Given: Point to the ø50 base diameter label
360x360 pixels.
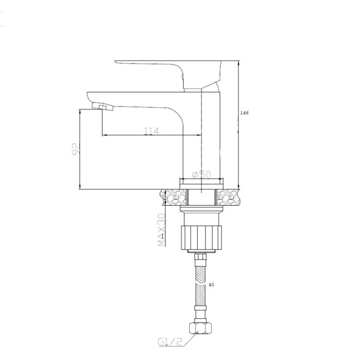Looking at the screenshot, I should (x=202, y=175).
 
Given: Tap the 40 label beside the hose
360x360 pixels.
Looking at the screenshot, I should (x=211, y=285).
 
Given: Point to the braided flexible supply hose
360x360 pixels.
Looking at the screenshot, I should (x=202, y=288).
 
